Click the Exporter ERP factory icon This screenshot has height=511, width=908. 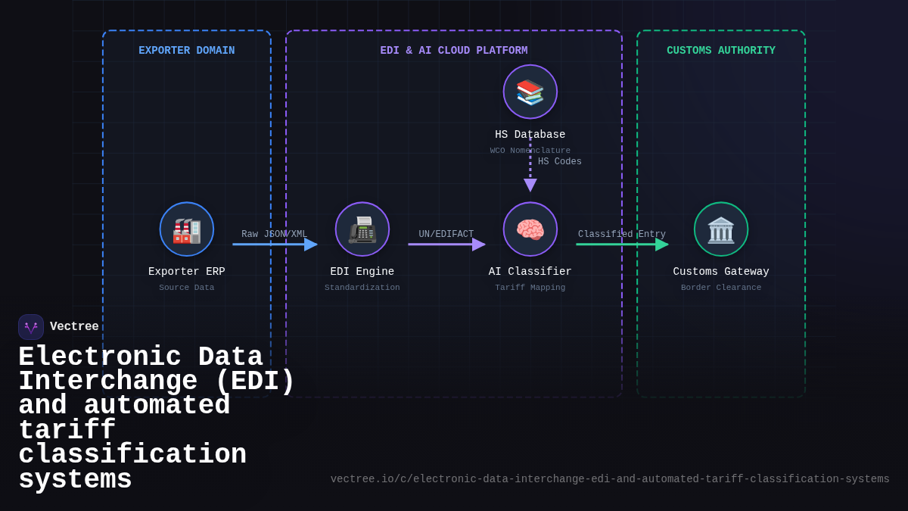187,229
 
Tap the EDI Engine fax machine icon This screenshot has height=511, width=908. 362,229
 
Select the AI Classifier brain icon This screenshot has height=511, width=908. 530,229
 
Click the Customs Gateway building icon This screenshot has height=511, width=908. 721,229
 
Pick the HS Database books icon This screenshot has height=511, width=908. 530,92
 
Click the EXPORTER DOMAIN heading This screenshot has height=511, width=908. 187,51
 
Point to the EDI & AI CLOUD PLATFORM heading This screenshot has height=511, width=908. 454,51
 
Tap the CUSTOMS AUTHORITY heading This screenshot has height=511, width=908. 721,51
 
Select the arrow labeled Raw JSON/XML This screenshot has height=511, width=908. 274,245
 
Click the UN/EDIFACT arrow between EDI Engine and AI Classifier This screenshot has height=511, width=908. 446,245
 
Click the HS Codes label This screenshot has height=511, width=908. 560,162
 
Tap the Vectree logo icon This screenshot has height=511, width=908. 31,327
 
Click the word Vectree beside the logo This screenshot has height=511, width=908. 74,327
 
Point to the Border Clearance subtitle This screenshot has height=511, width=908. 721,288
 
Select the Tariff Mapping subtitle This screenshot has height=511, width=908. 530,288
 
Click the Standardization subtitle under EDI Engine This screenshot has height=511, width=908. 362,288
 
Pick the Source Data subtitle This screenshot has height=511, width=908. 187,288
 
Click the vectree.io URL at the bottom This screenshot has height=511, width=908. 610,479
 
